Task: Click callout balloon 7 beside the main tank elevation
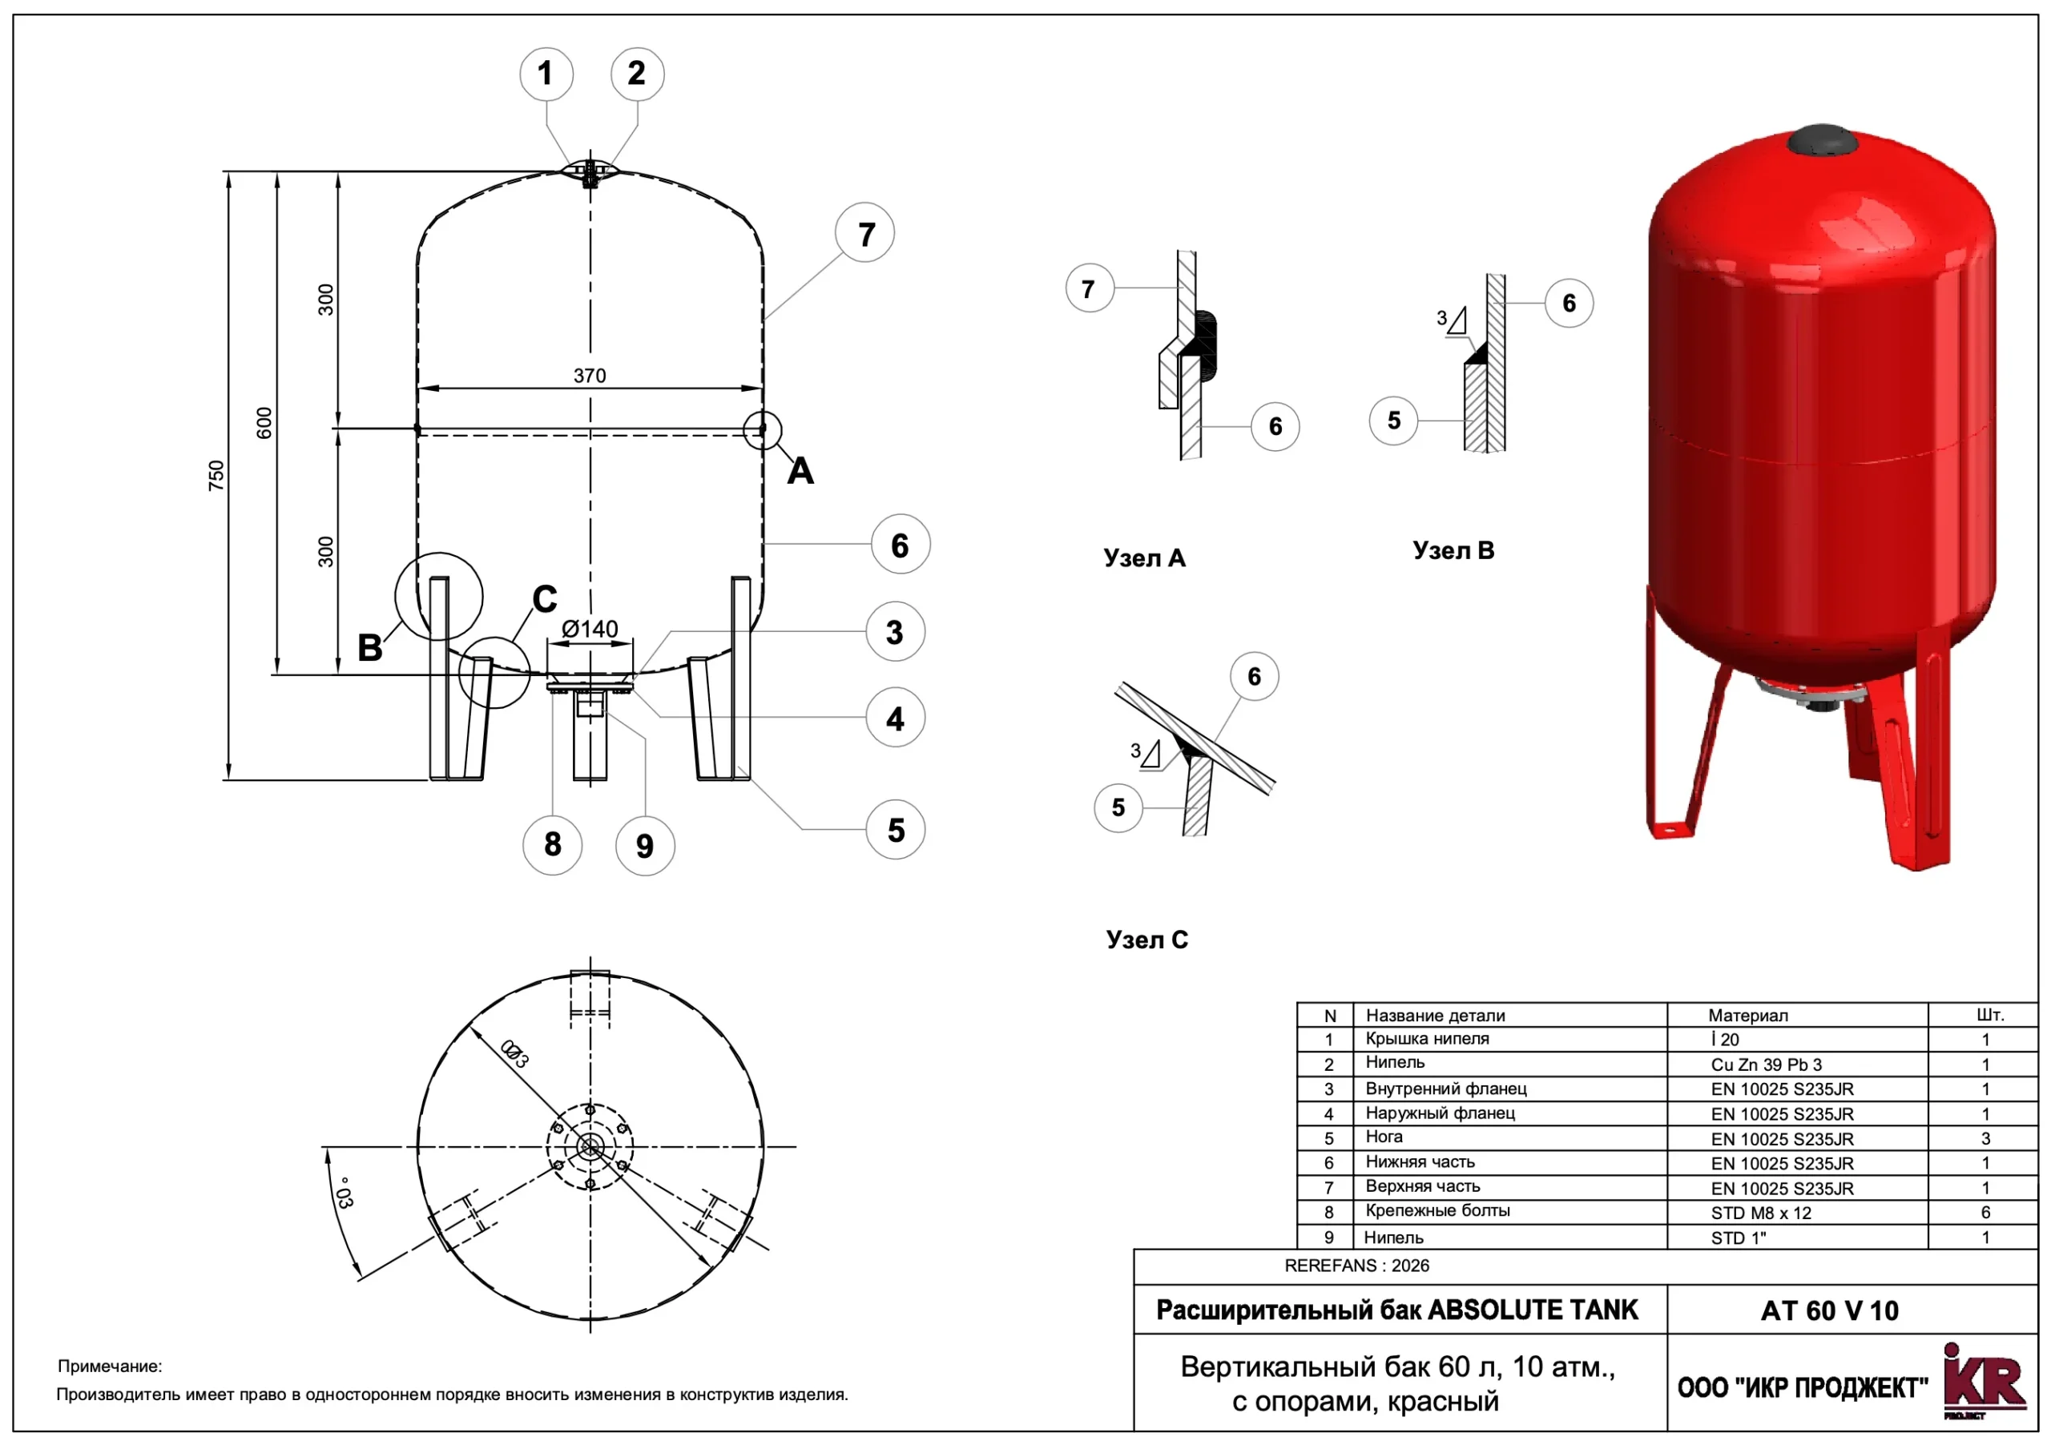[x=864, y=233]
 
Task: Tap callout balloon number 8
[x=552, y=844]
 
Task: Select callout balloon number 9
[x=645, y=846]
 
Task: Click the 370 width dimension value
[x=590, y=376]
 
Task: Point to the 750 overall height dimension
[x=216, y=475]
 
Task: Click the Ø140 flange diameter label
[x=590, y=629]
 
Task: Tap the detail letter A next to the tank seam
[x=800, y=471]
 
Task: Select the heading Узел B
[x=1453, y=550]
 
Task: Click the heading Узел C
[x=1147, y=940]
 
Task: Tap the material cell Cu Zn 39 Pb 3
[x=1766, y=1065]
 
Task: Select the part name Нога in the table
[x=1384, y=1137]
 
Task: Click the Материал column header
[x=1748, y=1016]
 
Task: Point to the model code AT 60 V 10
[x=1829, y=1310]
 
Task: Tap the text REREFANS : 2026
[x=1357, y=1266]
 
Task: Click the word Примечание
[x=110, y=1366]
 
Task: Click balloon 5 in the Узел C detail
[x=1118, y=807]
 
